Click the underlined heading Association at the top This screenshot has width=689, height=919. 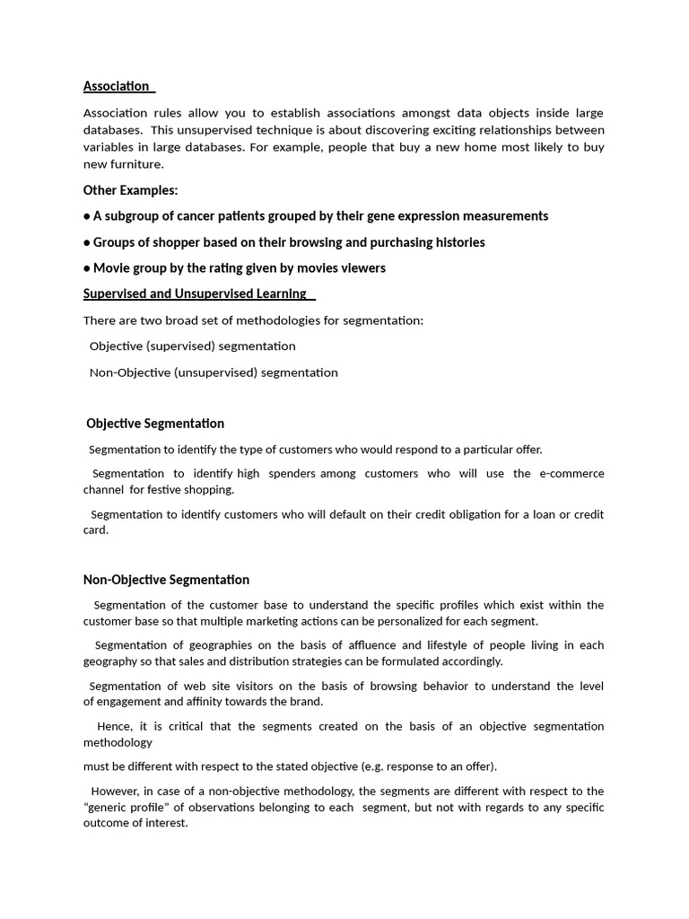117,86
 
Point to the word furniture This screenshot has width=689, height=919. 137,164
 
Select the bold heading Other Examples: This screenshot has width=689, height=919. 130,190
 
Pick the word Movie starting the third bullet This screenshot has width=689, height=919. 111,268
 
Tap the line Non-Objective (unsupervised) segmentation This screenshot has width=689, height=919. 214,372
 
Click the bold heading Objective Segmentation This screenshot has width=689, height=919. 155,424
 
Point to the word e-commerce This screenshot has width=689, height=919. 571,474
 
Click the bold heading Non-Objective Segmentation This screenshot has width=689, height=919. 166,580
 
